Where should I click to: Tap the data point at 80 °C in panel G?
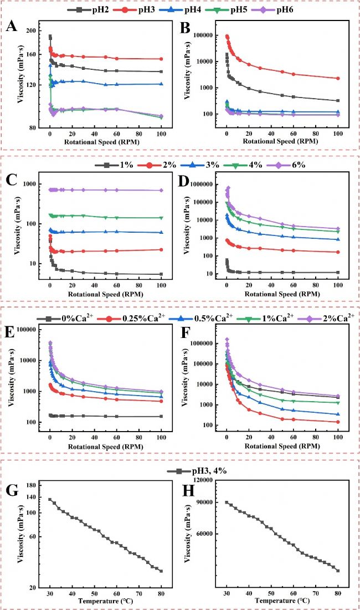(161, 571)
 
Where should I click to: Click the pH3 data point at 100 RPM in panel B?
(337, 78)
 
